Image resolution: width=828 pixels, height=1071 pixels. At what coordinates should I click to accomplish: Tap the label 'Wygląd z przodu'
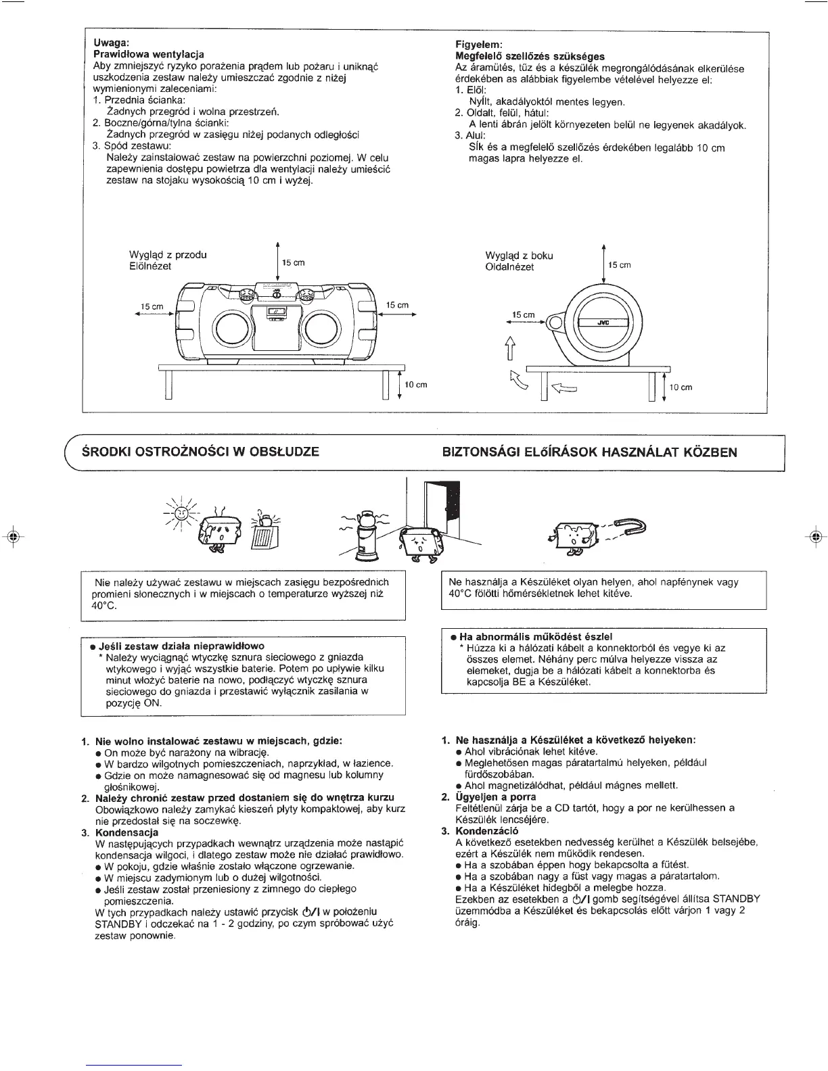[168, 255]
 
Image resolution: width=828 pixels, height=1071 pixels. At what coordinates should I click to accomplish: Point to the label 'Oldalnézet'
[509, 267]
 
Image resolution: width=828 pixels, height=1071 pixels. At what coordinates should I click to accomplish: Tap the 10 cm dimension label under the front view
[415, 385]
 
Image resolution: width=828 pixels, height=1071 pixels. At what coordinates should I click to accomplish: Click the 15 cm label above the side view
[620, 265]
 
